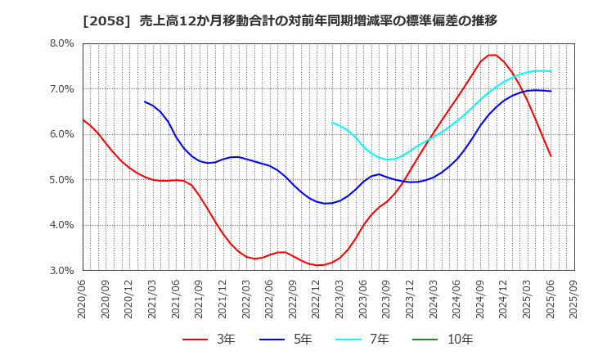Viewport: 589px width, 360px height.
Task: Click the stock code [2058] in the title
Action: click(101, 21)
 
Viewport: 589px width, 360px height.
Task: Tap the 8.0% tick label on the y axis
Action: click(62, 43)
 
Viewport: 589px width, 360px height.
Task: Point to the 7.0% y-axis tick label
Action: click(62, 88)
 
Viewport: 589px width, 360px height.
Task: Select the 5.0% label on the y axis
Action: click(62, 179)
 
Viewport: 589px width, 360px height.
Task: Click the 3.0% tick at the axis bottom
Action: click(62, 270)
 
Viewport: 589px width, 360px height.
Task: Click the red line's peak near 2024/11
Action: click(492, 55)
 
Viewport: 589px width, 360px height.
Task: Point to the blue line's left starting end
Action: click(145, 101)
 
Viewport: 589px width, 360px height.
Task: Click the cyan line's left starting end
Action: click(332, 123)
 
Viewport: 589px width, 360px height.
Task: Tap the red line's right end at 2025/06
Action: click(551, 156)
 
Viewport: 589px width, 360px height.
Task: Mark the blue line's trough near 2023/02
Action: click(327, 203)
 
